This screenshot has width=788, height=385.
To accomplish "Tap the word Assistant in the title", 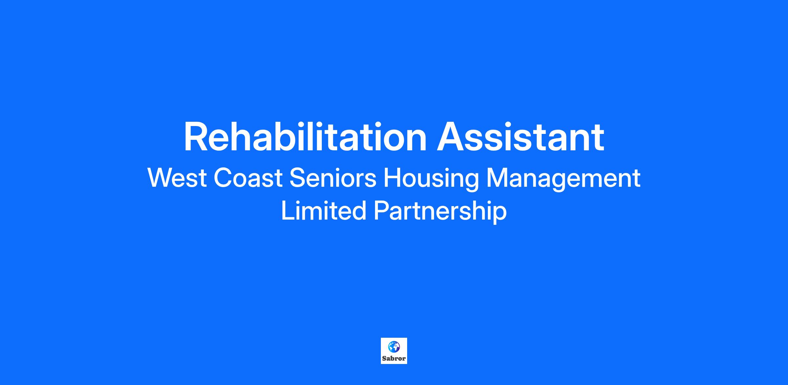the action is click(520, 137).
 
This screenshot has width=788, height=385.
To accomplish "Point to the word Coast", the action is click(248, 178).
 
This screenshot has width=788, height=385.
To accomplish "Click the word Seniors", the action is click(333, 178).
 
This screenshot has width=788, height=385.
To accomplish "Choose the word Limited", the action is click(324, 211).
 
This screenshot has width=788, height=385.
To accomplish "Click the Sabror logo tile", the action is click(394, 351).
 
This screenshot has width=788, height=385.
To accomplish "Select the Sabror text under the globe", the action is click(394, 358).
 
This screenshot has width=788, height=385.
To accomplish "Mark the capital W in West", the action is click(161, 178).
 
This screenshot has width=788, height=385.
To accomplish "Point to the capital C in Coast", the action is click(223, 178).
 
